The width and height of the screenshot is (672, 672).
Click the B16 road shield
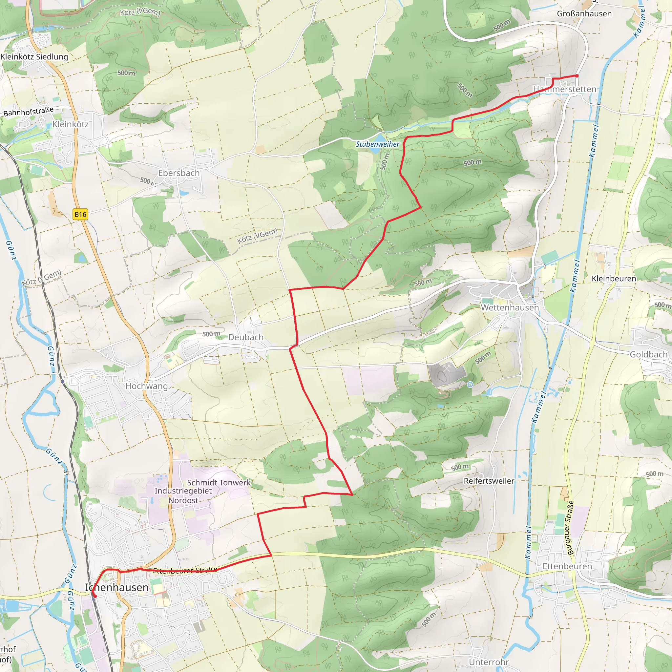click(x=80, y=214)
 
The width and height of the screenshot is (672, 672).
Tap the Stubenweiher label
click(x=377, y=144)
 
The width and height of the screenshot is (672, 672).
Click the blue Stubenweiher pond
click(x=375, y=150)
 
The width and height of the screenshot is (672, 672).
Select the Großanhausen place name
click(x=584, y=14)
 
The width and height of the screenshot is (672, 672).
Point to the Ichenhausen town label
click(x=117, y=587)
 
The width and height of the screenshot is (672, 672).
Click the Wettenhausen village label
click(x=510, y=307)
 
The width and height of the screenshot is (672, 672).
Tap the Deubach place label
click(x=245, y=337)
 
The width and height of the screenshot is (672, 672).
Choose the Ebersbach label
click(x=179, y=173)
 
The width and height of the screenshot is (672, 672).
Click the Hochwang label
click(x=146, y=386)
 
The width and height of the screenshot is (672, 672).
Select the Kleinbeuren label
click(x=614, y=279)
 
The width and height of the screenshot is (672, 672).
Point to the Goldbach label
click(x=649, y=354)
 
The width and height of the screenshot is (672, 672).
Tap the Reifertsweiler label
click(x=489, y=481)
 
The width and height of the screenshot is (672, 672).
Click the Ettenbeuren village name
click(x=567, y=566)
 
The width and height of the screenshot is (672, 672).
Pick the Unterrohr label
click(x=489, y=662)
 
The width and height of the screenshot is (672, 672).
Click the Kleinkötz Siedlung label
click(x=34, y=57)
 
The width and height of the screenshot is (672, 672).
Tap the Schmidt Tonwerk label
click(x=219, y=482)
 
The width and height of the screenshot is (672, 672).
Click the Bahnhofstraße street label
click(x=29, y=112)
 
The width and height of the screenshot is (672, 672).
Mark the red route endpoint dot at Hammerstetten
click(x=577, y=76)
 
